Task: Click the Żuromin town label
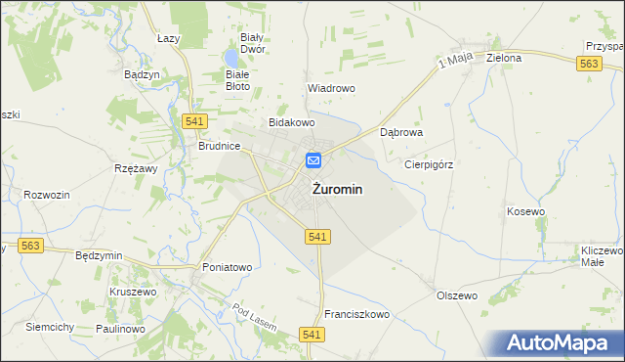[x=339, y=191]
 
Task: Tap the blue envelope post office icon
[x=314, y=160]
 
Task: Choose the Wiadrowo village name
[x=331, y=87]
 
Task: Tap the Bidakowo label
[x=292, y=123]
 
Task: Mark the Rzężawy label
[x=136, y=168]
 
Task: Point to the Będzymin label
[x=99, y=255]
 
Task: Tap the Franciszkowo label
[x=356, y=314]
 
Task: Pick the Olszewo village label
[x=456, y=295]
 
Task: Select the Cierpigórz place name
[x=429, y=164]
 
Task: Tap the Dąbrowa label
[x=400, y=131]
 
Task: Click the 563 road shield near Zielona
[x=588, y=64]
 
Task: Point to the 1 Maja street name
[x=455, y=60]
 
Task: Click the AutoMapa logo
[x=560, y=343]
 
